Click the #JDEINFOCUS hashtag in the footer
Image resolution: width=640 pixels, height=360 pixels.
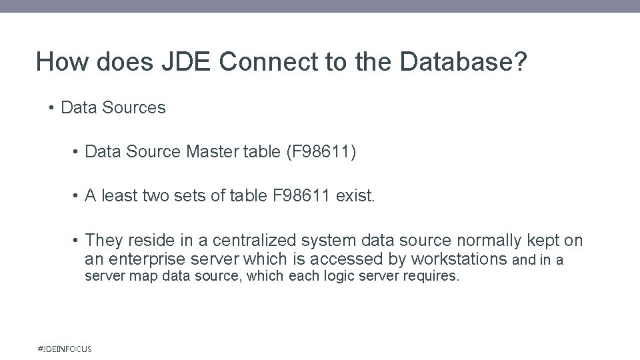click(66, 349)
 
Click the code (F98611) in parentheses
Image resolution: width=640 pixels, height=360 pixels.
click(321, 153)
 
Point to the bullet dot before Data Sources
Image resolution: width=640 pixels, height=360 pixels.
click(51, 108)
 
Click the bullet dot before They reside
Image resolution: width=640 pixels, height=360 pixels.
click(77, 241)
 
